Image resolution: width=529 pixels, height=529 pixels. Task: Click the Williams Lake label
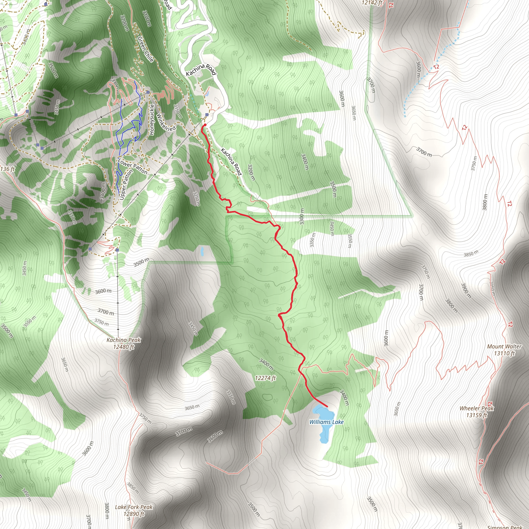[326, 422]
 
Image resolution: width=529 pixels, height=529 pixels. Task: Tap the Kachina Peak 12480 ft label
[123, 343]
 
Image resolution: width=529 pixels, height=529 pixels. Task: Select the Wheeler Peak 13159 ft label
[477, 411]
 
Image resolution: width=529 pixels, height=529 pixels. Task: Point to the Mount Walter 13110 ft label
[504, 350]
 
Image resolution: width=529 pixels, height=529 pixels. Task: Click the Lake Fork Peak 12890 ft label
[134, 510]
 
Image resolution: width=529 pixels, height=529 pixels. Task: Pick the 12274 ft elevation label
[265, 378]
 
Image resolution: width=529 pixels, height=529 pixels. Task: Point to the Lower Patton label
[133, 166]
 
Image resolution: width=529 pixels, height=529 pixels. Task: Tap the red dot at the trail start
[205, 125]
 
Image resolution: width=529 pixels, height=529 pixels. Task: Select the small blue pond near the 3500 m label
[202, 251]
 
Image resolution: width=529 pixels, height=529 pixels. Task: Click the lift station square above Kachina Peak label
[117, 250]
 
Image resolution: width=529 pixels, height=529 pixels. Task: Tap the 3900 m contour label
[466, 291]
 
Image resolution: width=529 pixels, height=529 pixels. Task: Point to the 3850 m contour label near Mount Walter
[471, 253]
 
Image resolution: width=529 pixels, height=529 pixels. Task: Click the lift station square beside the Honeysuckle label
[148, 92]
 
